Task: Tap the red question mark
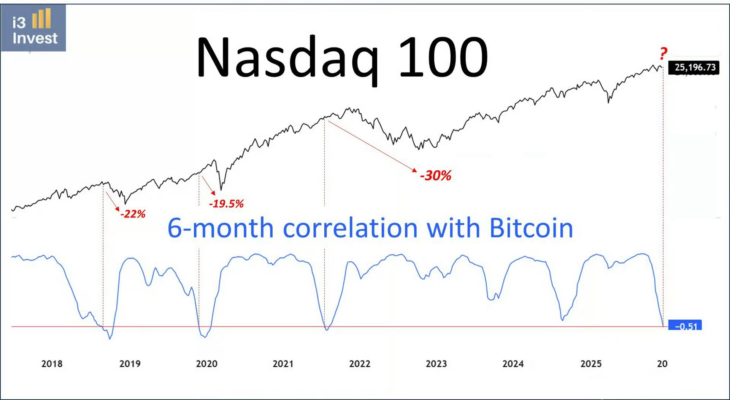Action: click(663, 53)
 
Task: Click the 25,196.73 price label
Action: click(695, 67)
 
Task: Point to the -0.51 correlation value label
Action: click(686, 326)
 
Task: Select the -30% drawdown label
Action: click(436, 176)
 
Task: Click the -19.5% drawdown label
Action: click(226, 204)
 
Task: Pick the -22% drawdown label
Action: click(133, 214)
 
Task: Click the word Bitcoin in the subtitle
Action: click(531, 228)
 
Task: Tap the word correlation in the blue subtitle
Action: click(350, 228)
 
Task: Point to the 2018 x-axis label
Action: click(52, 364)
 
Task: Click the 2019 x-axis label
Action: click(130, 364)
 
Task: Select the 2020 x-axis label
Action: click(206, 364)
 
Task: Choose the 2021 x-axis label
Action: click(283, 364)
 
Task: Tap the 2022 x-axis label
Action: click(360, 364)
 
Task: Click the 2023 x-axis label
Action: click(436, 364)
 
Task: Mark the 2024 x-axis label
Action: click(513, 364)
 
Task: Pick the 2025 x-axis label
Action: click(591, 364)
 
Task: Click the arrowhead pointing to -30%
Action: click(415, 170)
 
